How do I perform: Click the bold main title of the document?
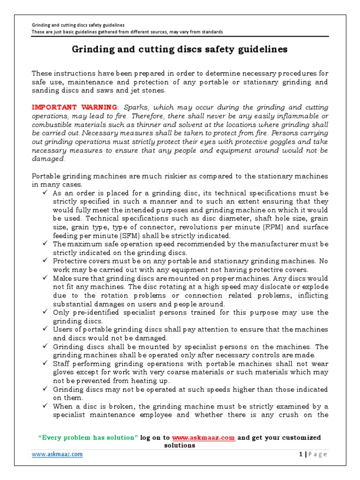point(180,49)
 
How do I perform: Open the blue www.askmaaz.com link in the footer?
point(57,454)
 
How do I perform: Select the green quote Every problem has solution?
point(88,438)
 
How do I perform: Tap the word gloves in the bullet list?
point(64,372)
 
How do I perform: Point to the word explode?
point(316,287)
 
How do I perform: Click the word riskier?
point(171,176)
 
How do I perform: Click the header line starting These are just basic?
point(127,32)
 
